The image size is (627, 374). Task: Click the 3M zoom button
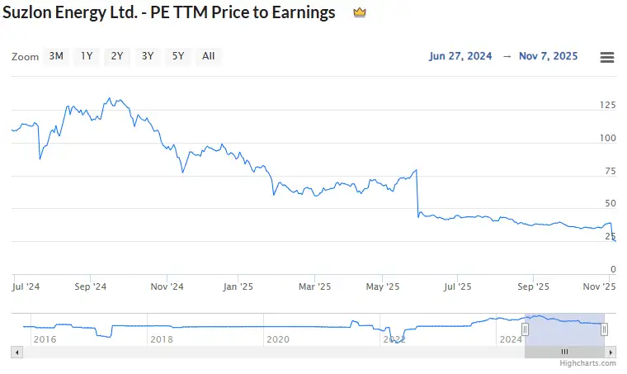56,56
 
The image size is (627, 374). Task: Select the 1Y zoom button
87,56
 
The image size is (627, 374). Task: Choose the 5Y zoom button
177,56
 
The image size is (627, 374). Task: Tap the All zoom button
208,56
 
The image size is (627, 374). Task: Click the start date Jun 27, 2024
460,56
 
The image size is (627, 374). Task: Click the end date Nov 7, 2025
548,56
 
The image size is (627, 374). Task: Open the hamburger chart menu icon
607,57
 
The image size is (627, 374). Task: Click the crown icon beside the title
359,13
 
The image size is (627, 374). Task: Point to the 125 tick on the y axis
607,105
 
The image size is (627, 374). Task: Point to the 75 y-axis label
610,171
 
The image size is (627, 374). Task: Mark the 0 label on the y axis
612,269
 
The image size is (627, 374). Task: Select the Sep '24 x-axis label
90,287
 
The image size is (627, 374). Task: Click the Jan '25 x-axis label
238,287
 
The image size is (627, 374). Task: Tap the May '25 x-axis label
382,287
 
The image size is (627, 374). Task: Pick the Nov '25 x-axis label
600,287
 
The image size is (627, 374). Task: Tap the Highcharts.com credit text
587,362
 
